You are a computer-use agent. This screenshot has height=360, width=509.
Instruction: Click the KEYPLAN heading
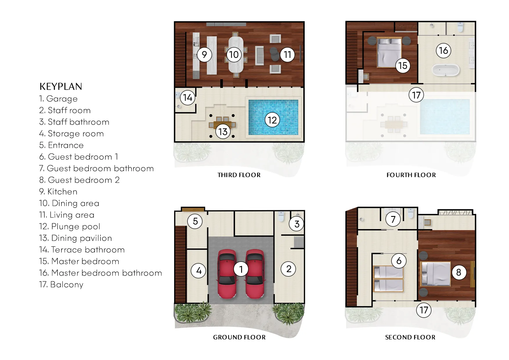[x=61, y=87]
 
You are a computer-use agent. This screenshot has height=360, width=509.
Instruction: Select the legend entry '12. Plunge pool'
[x=70, y=226]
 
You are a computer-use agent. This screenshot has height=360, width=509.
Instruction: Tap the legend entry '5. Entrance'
[x=62, y=145]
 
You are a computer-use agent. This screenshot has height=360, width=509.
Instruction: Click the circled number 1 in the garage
[x=241, y=269]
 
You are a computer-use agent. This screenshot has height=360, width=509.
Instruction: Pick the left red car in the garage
[x=227, y=274]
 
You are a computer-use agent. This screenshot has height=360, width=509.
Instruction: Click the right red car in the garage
[x=255, y=274]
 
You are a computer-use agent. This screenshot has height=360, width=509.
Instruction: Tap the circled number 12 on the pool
[x=272, y=120]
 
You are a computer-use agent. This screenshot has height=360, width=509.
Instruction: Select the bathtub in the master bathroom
[x=446, y=70]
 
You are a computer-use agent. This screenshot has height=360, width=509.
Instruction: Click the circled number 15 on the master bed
[x=403, y=66]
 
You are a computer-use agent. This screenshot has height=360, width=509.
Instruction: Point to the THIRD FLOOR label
[x=239, y=175]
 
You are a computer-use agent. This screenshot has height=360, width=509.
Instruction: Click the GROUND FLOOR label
[x=239, y=337]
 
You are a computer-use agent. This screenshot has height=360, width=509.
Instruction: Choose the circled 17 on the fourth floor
[x=416, y=95]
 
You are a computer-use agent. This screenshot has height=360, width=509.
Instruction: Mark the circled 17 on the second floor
[x=424, y=310]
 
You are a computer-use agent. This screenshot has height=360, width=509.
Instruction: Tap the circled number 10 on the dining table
[x=234, y=55]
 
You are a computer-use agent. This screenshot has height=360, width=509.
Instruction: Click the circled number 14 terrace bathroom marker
[x=187, y=98]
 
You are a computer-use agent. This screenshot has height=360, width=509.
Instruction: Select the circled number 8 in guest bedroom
[x=459, y=272]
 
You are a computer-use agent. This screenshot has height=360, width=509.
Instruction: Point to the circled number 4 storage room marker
[x=198, y=271]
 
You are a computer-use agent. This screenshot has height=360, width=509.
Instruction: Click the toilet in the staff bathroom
[x=281, y=216]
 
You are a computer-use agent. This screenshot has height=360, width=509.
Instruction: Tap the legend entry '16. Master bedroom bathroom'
[x=100, y=273]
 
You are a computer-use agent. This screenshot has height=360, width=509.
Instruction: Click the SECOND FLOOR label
[x=410, y=337]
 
